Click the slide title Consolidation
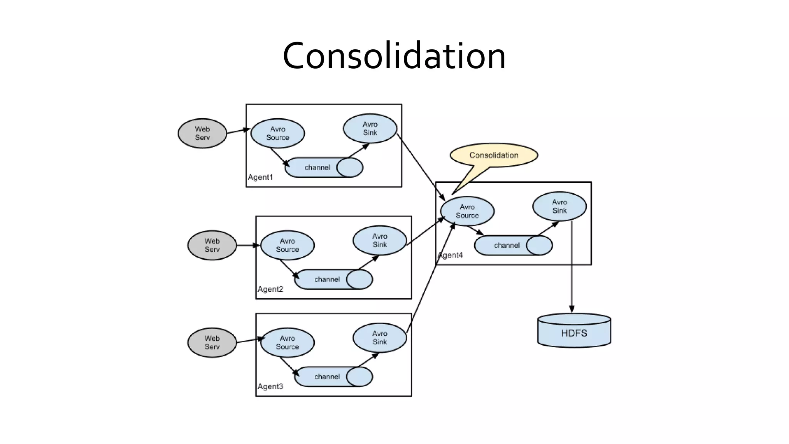[394, 56]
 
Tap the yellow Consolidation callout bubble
[494, 155]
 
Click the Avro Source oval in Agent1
[277, 133]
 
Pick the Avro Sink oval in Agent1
[370, 128]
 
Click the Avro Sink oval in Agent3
[379, 338]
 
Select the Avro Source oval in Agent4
[467, 211]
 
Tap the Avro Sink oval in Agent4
[559, 206]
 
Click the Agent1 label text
[260, 177]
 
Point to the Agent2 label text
[270, 289]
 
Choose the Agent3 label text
[270, 387]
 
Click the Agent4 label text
[450, 255]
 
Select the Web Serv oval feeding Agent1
[202, 133]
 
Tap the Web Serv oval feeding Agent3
[212, 343]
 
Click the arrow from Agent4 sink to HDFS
[572, 270]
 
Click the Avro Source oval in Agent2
[287, 246]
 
